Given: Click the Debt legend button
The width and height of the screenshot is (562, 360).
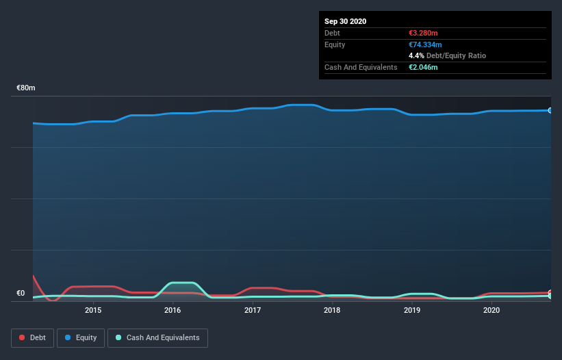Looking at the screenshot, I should [31, 337].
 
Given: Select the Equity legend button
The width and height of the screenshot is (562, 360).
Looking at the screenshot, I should [81, 337].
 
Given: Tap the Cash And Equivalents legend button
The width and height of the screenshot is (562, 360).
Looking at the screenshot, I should [157, 337].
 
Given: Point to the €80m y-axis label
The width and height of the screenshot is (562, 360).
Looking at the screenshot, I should [26, 88].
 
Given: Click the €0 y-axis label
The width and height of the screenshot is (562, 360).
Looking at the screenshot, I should [21, 294].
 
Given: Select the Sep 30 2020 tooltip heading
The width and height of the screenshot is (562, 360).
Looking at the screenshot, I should [346, 21].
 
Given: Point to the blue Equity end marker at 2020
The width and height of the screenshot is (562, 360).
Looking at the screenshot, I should [550, 110].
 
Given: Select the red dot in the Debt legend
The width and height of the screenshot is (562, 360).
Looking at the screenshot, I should [23, 337].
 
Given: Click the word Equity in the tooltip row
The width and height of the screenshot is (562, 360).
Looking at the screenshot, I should [335, 44].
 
